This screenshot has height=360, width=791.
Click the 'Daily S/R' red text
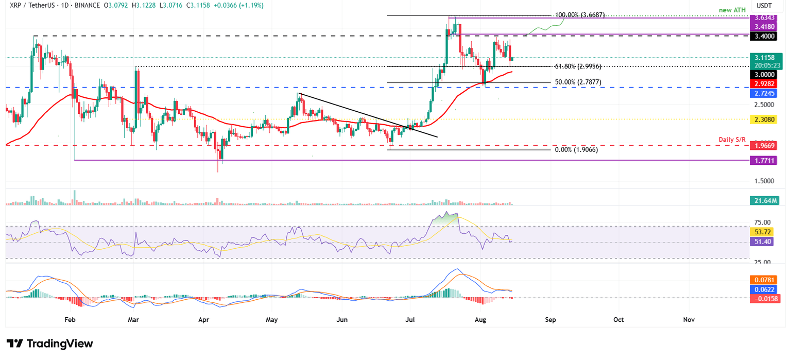click(732, 140)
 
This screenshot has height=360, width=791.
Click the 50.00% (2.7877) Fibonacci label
click(577, 82)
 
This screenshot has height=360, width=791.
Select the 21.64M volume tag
click(764, 200)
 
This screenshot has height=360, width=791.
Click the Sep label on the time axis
click(550, 319)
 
